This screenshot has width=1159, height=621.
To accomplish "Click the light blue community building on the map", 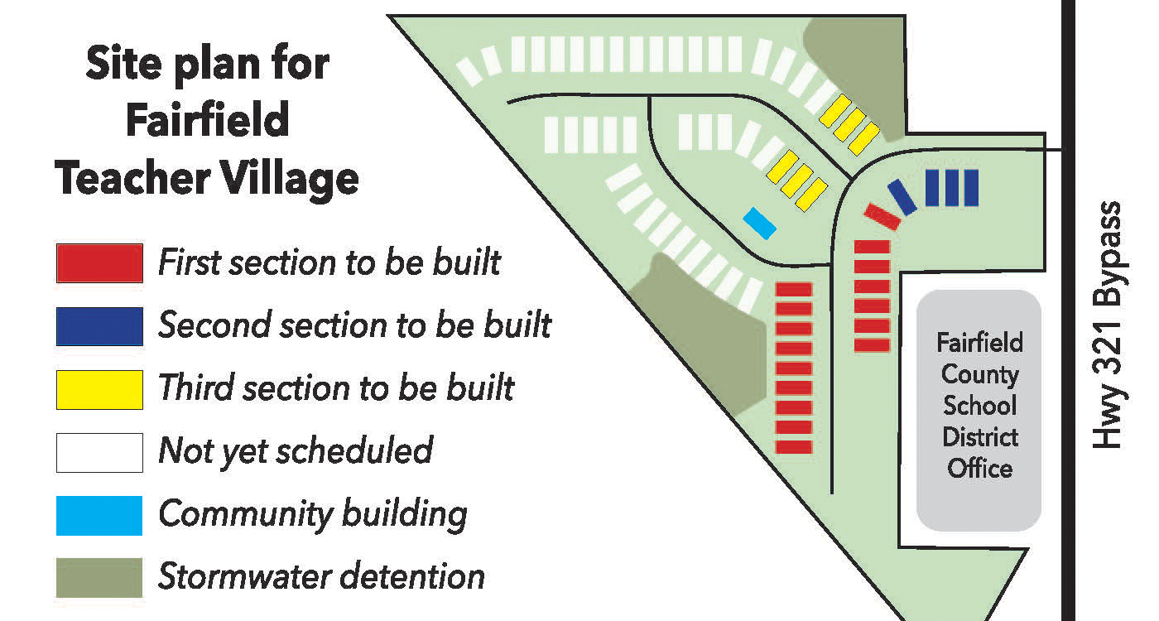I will [x=759, y=223].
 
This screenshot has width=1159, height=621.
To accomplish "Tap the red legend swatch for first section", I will [x=99, y=263].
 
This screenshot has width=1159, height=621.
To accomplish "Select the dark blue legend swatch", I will [x=99, y=326].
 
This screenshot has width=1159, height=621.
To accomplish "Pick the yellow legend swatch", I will [x=99, y=389].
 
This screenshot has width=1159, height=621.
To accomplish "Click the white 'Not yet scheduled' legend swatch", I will [x=99, y=452].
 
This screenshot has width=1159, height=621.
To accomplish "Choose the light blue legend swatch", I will [x=99, y=515].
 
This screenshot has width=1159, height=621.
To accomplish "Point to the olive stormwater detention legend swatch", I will [x=99, y=577].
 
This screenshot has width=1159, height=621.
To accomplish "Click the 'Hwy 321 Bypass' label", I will [x=1106, y=325].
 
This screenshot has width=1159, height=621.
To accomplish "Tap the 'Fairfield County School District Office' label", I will [x=979, y=406].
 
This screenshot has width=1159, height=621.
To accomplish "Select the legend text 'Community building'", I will [x=313, y=514].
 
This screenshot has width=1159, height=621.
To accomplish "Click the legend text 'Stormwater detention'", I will [x=321, y=576].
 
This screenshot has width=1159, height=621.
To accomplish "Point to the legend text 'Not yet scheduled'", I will [x=296, y=451].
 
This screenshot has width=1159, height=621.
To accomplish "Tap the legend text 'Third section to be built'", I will [x=336, y=388].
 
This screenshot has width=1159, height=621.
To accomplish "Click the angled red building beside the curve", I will [x=882, y=216].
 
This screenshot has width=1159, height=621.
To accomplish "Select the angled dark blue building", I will [x=902, y=197].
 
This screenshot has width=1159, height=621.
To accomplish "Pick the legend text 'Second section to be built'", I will [x=354, y=325].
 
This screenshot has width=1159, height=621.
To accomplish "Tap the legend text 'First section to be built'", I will [x=329, y=262].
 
